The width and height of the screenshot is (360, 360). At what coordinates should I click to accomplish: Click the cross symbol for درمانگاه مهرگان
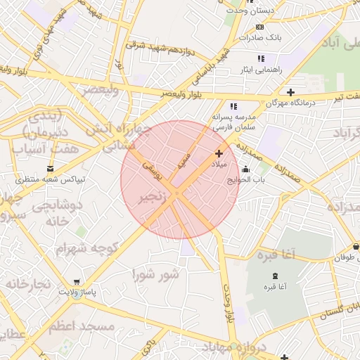click(x=290, y=92)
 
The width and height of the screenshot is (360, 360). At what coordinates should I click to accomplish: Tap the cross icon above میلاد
click(x=219, y=153)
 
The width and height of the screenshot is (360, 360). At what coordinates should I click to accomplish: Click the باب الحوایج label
click(x=245, y=180)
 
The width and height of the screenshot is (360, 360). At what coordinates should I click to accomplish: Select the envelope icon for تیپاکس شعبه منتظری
click(x=50, y=168)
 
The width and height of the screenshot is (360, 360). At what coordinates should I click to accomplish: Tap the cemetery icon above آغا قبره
click(x=274, y=275)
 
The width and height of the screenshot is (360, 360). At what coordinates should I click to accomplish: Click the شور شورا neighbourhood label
click(x=155, y=273)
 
